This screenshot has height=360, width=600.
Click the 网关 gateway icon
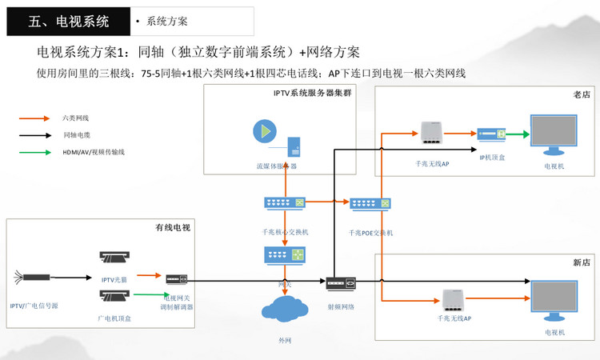(x=285, y=256)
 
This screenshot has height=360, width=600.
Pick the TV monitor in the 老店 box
(x=554, y=136)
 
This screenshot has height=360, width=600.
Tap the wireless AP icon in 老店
(x=432, y=134)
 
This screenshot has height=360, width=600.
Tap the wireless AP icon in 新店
(x=454, y=300)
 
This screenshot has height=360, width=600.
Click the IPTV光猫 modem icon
(x=115, y=258)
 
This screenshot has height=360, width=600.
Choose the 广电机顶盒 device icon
(x=115, y=297)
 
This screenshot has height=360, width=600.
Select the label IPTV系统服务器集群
(x=306, y=94)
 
